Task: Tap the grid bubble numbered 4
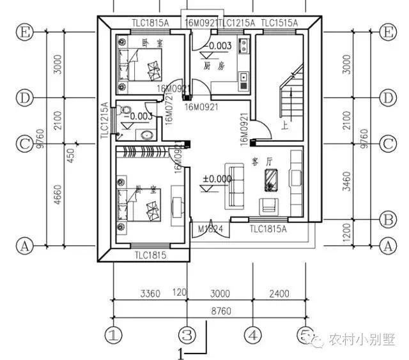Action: [254, 334]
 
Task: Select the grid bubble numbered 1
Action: [113, 334]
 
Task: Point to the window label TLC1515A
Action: [279, 23]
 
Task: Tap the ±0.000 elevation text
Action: [216, 179]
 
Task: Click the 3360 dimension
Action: [149, 294]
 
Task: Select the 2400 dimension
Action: [279, 294]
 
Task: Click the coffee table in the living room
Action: [272, 181]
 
